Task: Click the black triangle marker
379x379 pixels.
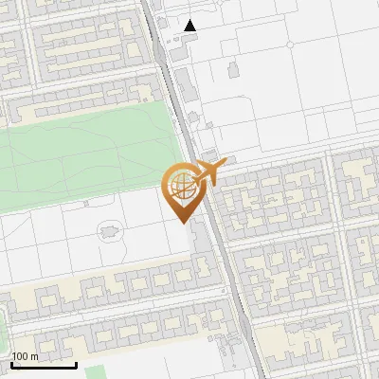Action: [191, 26]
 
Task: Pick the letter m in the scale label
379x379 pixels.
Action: [35, 356]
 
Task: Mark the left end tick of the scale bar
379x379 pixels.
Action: [10, 364]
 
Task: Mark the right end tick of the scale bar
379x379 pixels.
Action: [77, 364]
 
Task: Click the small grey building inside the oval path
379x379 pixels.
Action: [111, 229]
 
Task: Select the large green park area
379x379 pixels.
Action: [85, 152]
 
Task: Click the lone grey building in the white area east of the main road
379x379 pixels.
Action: [232, 69]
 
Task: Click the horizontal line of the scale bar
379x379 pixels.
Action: [44, 365]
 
